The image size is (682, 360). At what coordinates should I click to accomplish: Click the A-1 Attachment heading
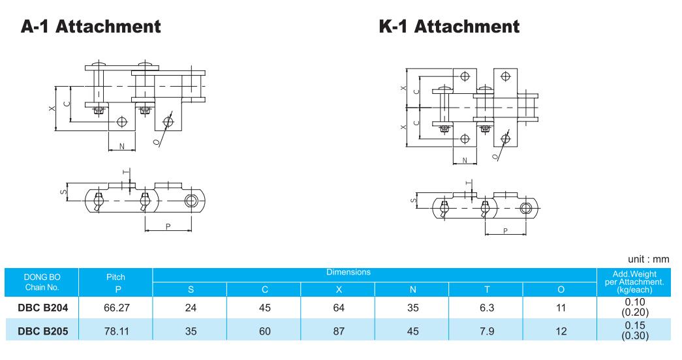tap(91, 27)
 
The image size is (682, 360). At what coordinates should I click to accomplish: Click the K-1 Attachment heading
tap(449, 27)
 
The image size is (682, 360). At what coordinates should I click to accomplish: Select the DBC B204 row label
tap(43, 308)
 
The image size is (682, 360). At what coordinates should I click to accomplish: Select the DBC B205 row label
tap(43, 331)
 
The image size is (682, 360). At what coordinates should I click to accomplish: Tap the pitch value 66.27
tap(117, 308)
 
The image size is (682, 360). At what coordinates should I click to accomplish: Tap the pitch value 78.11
tap(117, 331)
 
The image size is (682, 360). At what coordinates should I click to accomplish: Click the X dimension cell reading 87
tap(339, 331)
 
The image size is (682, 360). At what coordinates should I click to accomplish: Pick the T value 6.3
tap(487, 308)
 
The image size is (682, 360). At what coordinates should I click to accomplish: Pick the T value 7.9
tap(487, 331)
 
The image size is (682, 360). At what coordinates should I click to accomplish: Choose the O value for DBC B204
tap(561, 308)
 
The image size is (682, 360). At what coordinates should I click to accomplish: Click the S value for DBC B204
tap(191, 308)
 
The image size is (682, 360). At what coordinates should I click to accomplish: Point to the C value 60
tap(265, 331)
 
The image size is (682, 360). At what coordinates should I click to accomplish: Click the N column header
tap(412, 290)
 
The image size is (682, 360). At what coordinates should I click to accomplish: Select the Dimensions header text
tap(349, 272)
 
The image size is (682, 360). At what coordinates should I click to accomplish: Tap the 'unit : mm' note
tap(648, 259)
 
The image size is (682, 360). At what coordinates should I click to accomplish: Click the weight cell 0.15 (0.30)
tap(634, 331)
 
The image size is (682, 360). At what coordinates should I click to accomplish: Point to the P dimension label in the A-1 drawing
tap(168, 226)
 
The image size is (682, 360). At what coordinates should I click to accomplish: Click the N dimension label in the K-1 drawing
tap(465, 160)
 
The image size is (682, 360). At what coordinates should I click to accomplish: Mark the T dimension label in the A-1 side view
tap(126, 173)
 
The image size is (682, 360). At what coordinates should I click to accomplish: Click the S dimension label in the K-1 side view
tap(413, 200)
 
